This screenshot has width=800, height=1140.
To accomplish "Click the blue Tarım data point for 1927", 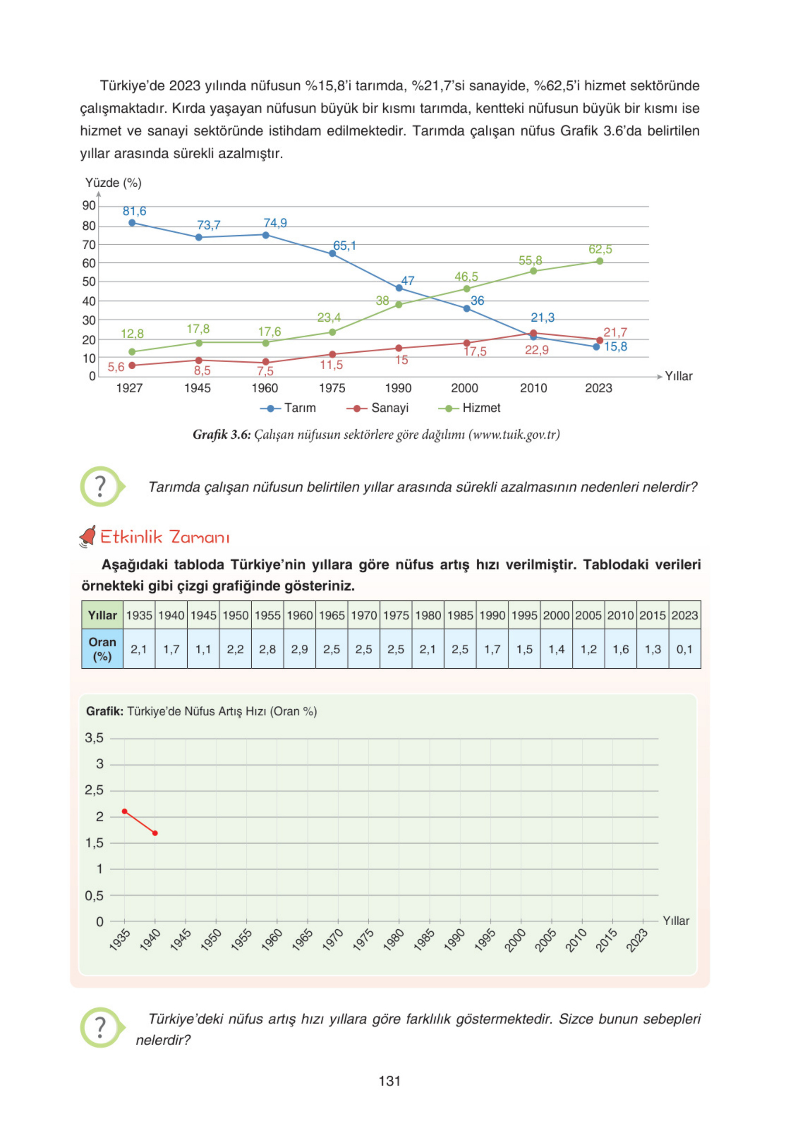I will (132, 223).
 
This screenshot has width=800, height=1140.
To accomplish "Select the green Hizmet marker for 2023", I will (599, 261).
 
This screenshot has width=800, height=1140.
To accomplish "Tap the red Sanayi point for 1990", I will (399, 348).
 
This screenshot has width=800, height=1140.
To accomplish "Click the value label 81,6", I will (135, 211).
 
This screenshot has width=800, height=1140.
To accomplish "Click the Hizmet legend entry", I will (470, 408).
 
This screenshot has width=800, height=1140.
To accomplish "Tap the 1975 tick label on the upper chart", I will (332, 388).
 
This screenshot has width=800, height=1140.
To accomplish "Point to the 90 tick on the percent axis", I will (89, 206).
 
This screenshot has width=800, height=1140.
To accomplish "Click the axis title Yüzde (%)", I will (113, 183).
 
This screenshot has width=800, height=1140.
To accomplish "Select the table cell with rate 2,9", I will (300, 649).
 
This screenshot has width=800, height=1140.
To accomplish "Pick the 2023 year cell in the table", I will (684, 615).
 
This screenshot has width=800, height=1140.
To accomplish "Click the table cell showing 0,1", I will (684, 649).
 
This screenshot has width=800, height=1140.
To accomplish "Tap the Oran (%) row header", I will (103, 649).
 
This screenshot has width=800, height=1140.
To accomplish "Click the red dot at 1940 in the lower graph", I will (155, 833).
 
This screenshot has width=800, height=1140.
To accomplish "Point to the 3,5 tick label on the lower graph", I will (94, 738).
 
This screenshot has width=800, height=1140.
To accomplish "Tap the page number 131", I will (389, 1081).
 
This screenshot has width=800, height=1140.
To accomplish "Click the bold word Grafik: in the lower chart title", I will (104, 711).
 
